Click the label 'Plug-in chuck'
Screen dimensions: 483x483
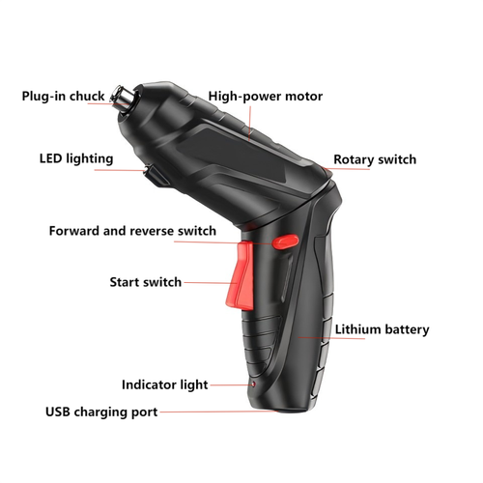click(63, 97)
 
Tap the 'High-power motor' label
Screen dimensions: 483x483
click(265, 97)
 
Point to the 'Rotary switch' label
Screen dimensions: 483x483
click(375, 159)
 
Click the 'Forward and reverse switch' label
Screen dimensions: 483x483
click(132, 232)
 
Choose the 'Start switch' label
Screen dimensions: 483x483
click(145, 282)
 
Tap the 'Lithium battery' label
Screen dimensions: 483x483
click(382, 329)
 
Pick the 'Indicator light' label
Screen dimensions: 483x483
click(164, 384)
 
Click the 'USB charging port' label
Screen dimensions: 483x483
click(101, 412)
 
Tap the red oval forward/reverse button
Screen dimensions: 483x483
click(284, 243)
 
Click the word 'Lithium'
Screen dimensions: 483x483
click(358, 329)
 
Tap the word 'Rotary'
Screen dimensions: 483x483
click(354, 159)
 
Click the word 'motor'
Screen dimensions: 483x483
click(302, 97)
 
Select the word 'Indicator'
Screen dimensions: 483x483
click(149, 384)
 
